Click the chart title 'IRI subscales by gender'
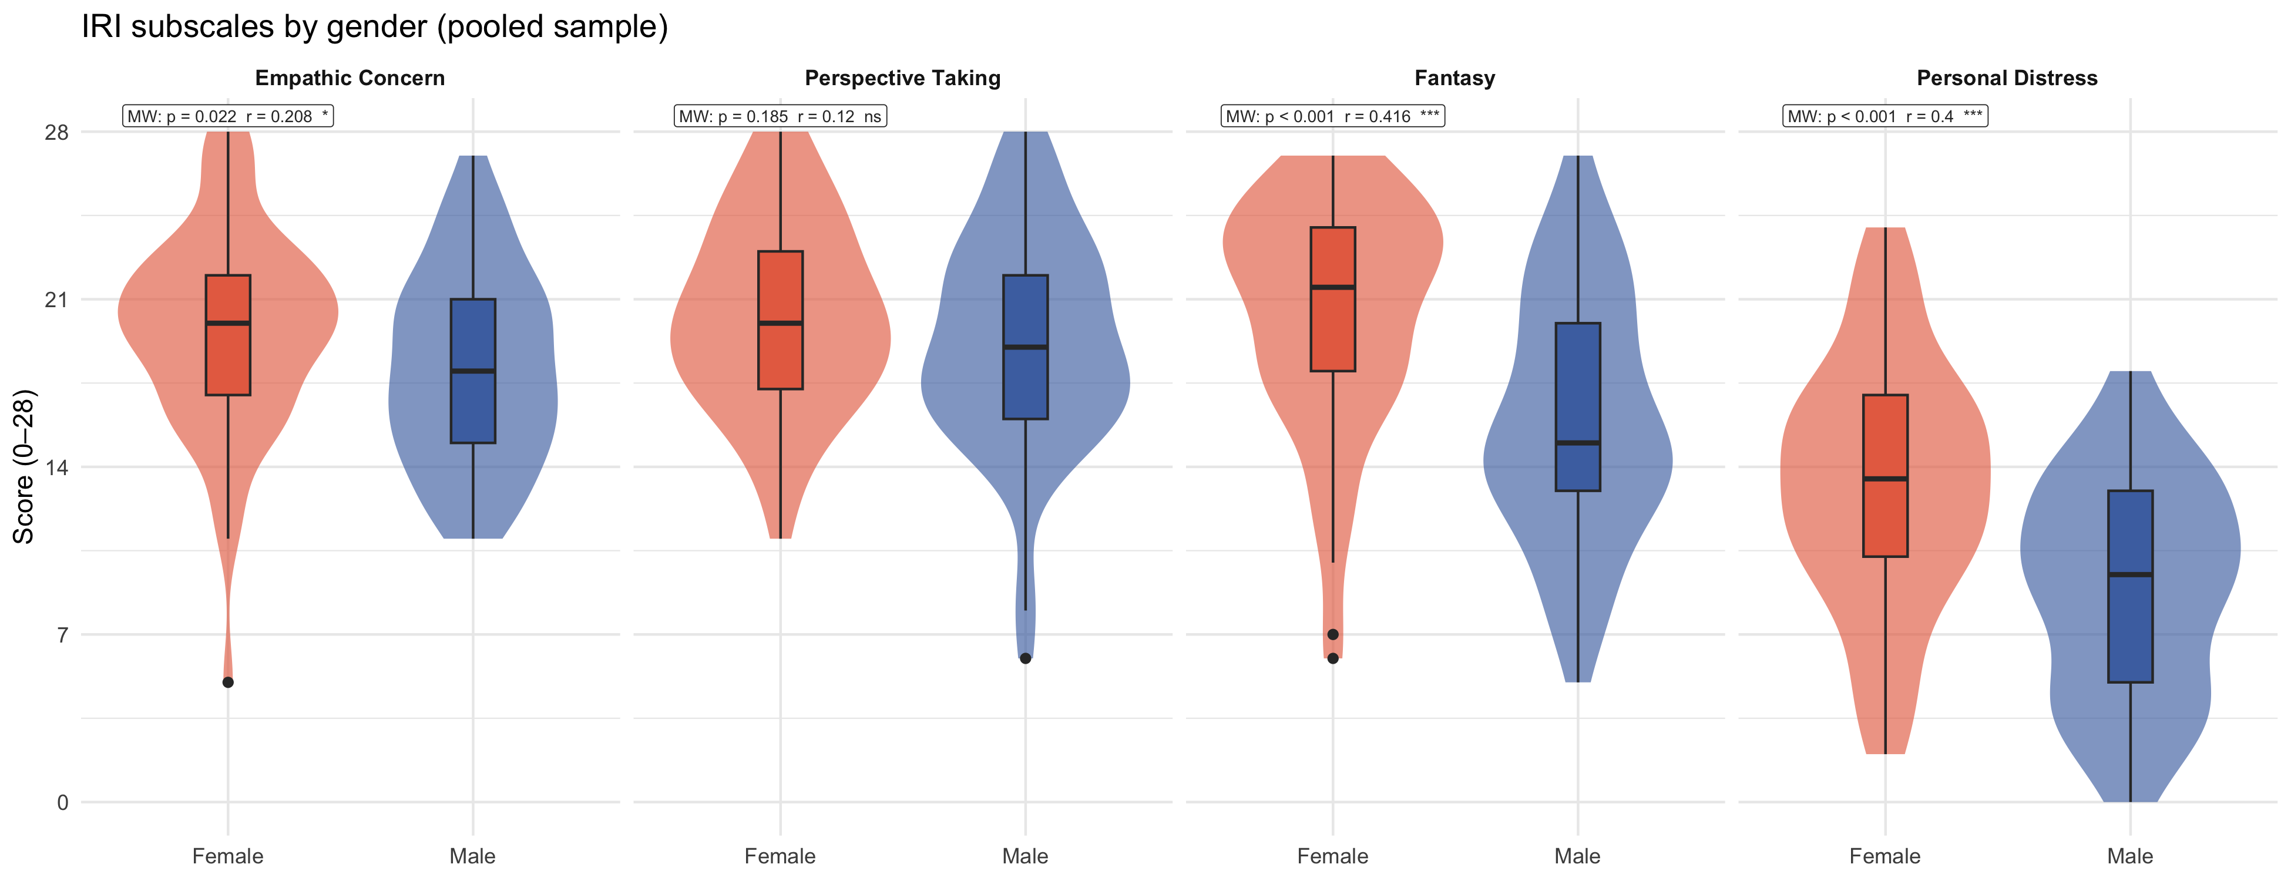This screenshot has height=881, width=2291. (374, 26)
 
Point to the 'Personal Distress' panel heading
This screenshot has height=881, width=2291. (2007, 78)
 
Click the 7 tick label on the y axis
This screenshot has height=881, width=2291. (62, 635)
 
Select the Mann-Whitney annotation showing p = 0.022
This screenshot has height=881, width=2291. (228, 116)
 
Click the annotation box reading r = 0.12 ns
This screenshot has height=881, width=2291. (780, 116)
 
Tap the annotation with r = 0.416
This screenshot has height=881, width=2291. (1332, 116)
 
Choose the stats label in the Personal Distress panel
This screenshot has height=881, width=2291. (1884, 116)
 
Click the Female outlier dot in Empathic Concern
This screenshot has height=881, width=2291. (228, 682)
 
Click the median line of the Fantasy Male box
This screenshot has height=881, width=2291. (1578, 443)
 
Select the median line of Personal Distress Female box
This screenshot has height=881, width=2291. (1886, 479)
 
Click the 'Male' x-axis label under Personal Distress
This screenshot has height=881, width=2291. (2130, 857)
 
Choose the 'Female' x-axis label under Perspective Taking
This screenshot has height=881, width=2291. (780, 857)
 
